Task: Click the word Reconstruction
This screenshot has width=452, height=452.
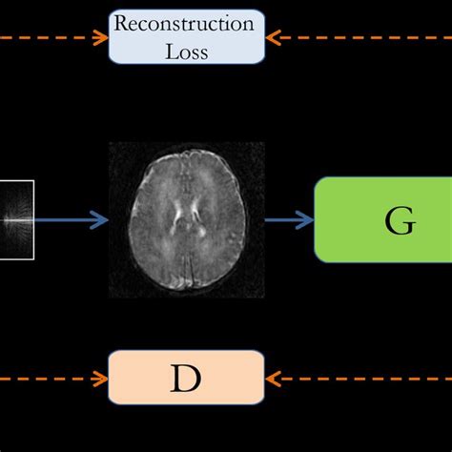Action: (186, 23)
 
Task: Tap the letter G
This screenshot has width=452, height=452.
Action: (400, 221)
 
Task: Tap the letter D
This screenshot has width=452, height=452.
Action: (185, 379)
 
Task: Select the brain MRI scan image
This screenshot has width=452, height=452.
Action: (186, 219)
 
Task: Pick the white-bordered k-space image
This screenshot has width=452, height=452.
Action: (16, 219)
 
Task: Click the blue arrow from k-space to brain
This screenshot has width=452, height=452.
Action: (72, 221)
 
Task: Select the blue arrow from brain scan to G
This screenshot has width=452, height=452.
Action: (289, 221)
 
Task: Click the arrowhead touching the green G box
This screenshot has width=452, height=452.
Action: (307, 221)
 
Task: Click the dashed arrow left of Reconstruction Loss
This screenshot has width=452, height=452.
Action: (52, 38)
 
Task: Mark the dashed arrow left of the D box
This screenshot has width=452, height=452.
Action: (52, 379)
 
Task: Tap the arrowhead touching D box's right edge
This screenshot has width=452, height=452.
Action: (273, 379)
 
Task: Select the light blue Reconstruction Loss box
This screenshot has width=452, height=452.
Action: (186, 35)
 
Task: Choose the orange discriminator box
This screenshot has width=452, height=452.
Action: (185, 379)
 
